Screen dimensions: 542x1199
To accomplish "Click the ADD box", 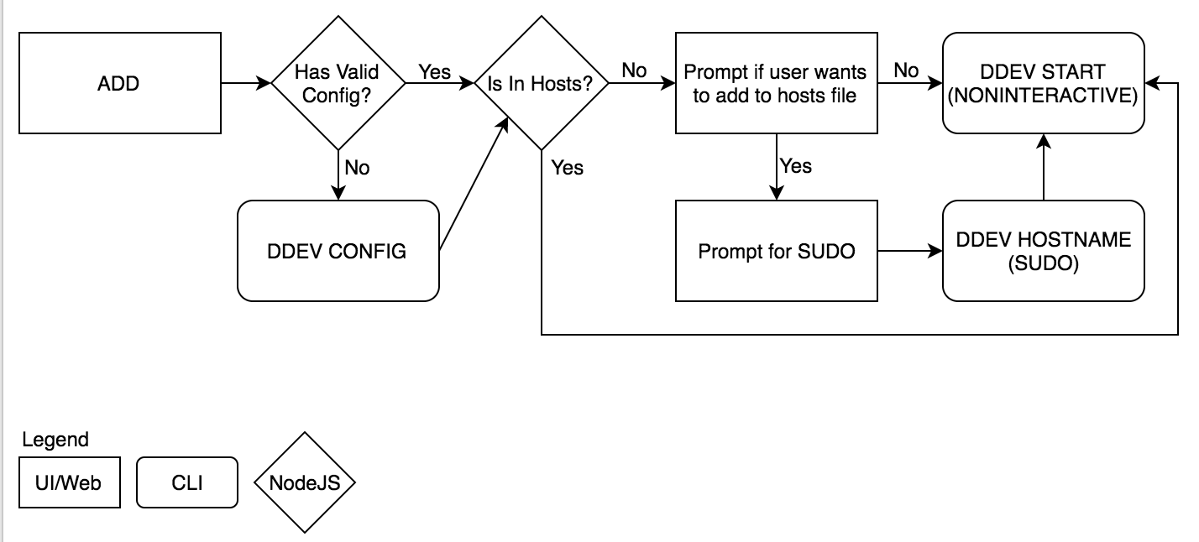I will (x=118, y=83).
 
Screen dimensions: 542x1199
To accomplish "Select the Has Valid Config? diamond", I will (x=338, y=83).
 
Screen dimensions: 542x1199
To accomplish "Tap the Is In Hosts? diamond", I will (x=542, y=83).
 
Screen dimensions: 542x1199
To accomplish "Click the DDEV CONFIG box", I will (x=338, y=250).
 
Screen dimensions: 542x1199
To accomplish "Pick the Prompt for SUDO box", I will (x=776, y=250).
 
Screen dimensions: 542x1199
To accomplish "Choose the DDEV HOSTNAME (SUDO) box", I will (x=1043, y=250).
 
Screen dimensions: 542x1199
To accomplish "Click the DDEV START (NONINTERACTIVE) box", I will (x=1043, y=83).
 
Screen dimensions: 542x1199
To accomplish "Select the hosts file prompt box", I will (x=776, y=83).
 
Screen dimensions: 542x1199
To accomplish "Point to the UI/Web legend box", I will (x=69, y=482).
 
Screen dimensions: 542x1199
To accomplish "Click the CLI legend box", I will (x=187, y=482).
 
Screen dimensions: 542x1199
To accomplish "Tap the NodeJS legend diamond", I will (x=304, y=482).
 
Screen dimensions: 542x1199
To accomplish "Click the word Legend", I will (x=55, y=440).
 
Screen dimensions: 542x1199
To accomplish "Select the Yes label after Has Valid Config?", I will (x=434, y=71).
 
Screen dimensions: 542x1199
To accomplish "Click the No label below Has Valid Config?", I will (x=357, y=168).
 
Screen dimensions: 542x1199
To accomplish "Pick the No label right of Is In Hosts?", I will (x=634, y=70).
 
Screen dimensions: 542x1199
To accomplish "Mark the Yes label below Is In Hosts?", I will (x=567, y=168).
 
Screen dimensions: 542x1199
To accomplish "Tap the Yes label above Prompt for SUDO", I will (x=795, y=165).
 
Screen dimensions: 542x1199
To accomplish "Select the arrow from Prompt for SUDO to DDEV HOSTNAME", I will (x=909, y=250).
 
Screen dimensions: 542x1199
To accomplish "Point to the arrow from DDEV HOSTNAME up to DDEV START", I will (x=1043, y=167).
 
